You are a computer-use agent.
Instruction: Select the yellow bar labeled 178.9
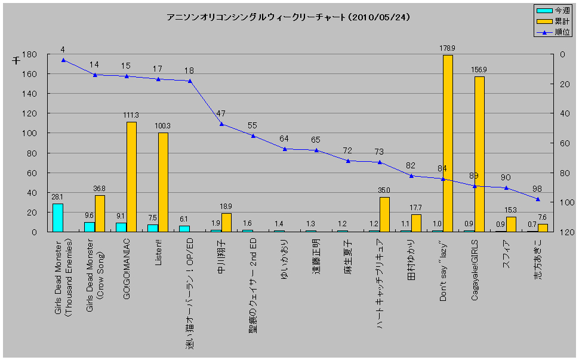[x=448, y=143]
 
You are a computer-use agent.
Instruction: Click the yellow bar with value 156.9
[x=479, y=154]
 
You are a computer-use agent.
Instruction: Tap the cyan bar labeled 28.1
[x=58, y=218]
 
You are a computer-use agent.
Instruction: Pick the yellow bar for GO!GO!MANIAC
[x=131, y=177]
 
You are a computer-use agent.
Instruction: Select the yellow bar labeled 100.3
[x=163, y=182]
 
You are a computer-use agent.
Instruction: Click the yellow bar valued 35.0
[x=384, y=214]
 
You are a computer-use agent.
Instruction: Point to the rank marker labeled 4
[x=63, y=60]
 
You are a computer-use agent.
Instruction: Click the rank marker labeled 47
[x=221, y=124]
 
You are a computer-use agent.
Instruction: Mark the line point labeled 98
[x=538, y=199]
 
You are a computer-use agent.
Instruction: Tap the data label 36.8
[x=100, y=189]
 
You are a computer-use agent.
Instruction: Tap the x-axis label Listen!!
[x=158, y=251]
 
